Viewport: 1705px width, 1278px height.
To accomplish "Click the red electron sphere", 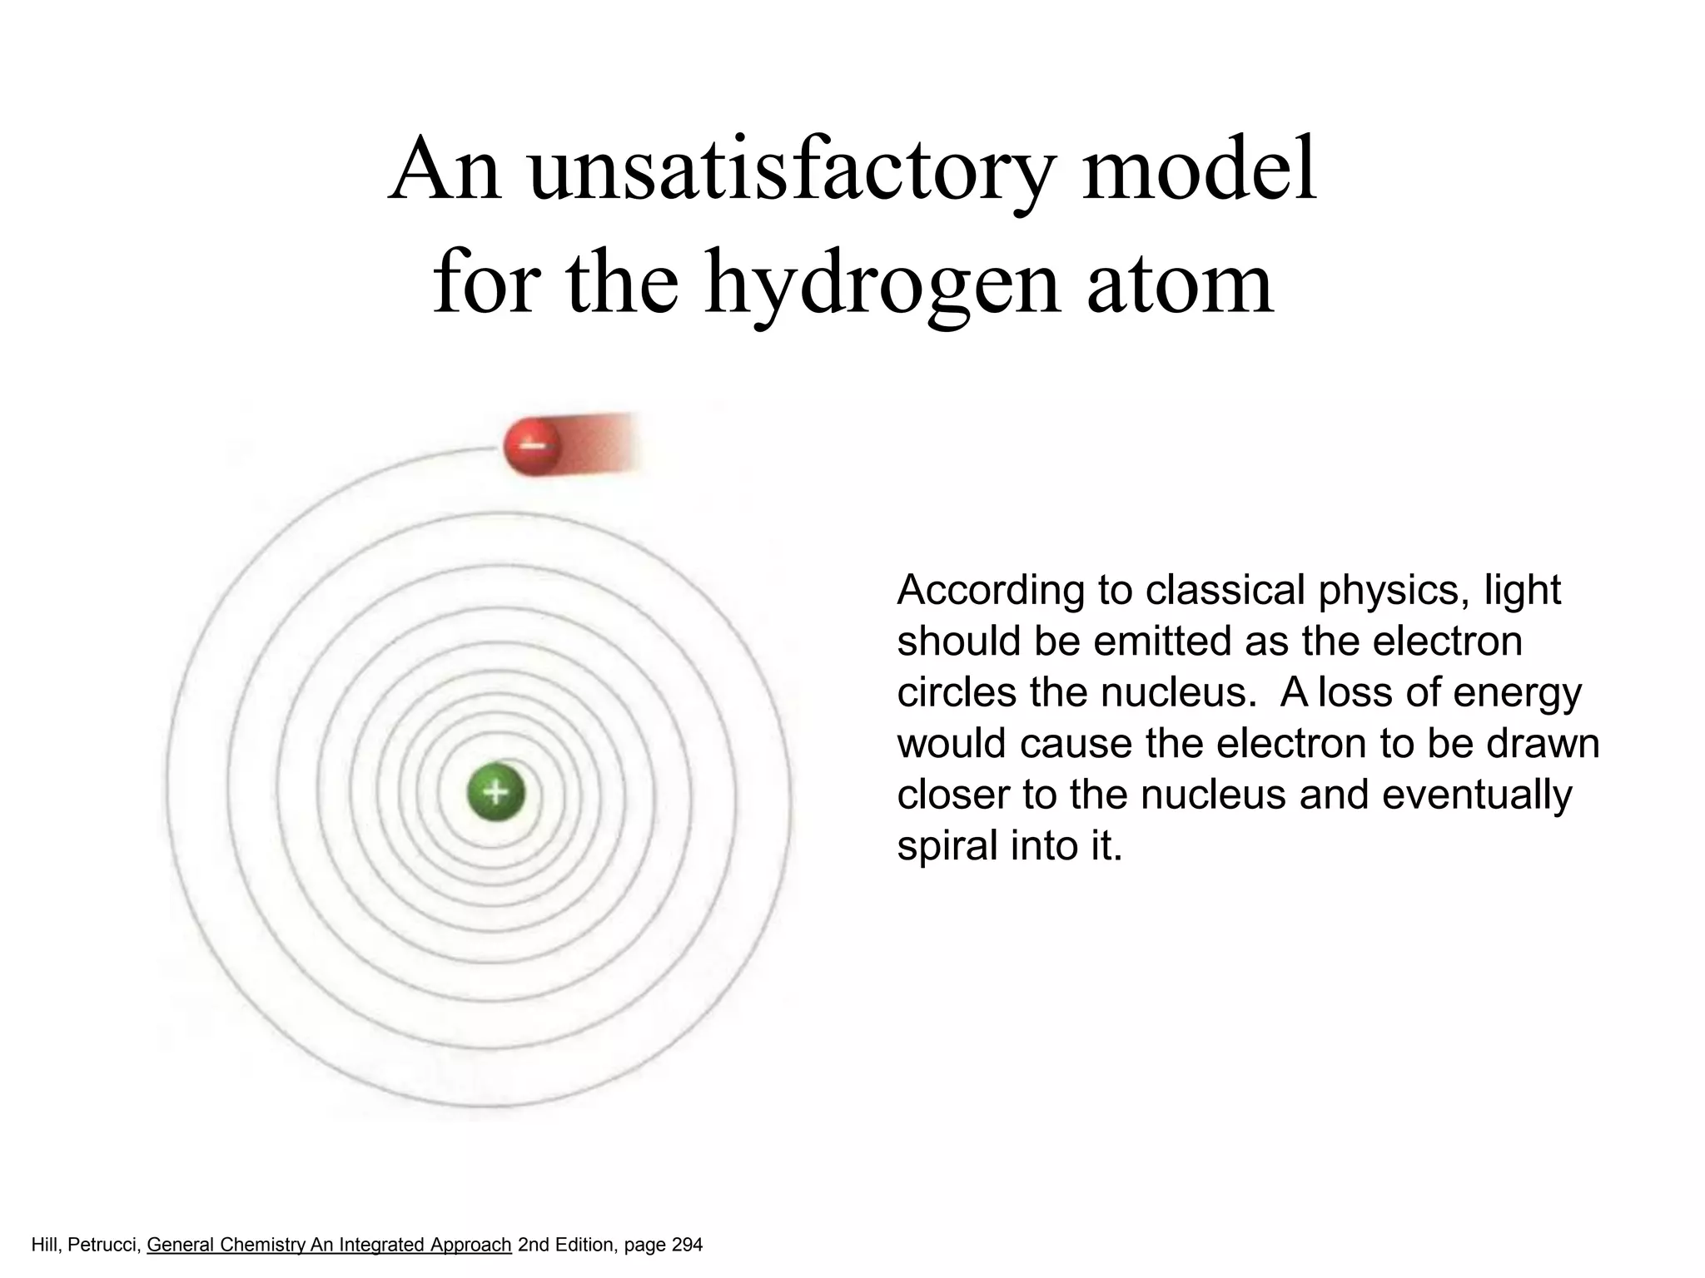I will click(x=533, y=447).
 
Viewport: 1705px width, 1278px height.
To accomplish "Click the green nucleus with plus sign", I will click(x=495, y=791).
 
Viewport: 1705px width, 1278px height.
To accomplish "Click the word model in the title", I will click(x=1200, y=171).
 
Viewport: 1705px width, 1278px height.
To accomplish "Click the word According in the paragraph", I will click(x=990, y=591).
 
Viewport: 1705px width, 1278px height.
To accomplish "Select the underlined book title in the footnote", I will click(x=329, y=1246).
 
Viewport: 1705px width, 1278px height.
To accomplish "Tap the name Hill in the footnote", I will click(x=45, y=1246).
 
